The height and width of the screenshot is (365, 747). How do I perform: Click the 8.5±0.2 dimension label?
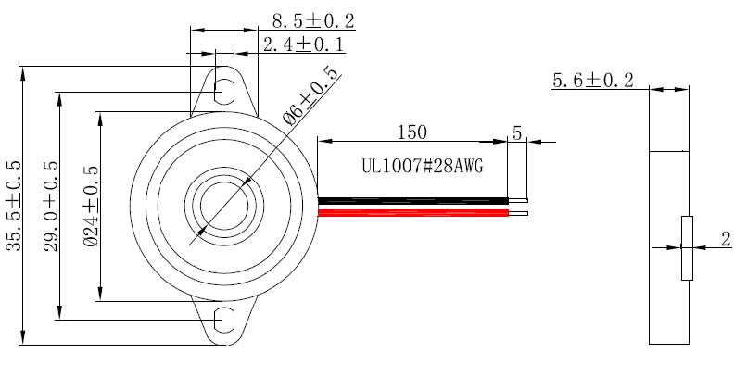coord(313,21)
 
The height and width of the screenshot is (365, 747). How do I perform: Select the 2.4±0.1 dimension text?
coord(303,44)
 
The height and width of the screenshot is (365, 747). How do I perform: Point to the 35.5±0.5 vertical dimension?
coord(14,206)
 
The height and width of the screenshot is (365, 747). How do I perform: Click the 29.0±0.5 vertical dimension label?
coord(50,206)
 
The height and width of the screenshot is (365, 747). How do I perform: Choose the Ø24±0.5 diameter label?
coord(91,206)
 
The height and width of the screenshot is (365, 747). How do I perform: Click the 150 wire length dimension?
coord(412,132)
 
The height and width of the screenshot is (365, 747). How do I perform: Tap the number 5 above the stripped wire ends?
coord(517,132)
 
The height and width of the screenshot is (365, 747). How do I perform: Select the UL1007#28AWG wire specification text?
coord(423,167)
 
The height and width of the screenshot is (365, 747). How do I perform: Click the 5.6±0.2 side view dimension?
coord(593,81)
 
